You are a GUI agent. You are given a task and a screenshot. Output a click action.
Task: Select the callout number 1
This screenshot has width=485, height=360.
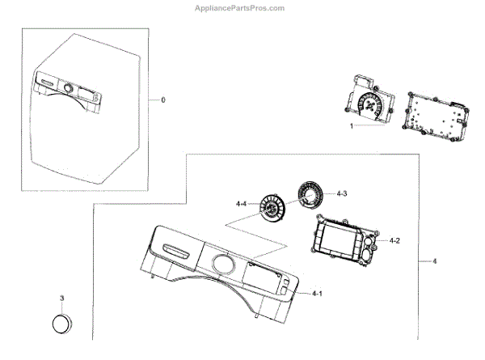tap(352, 127)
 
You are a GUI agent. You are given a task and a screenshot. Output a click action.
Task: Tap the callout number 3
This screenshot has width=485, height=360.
tap(61, 298)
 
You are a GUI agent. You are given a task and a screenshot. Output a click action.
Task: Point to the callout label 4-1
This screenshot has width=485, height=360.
tap(317, 293)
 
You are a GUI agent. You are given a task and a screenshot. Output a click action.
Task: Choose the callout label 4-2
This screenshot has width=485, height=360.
tap(395, 241)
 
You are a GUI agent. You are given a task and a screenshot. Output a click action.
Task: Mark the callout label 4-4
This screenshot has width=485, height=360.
tap(242, 202)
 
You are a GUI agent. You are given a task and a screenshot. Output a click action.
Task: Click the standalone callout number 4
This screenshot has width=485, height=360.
tap(435, 261)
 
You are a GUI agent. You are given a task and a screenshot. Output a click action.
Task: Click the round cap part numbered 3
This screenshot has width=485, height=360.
tap(61, 325)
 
